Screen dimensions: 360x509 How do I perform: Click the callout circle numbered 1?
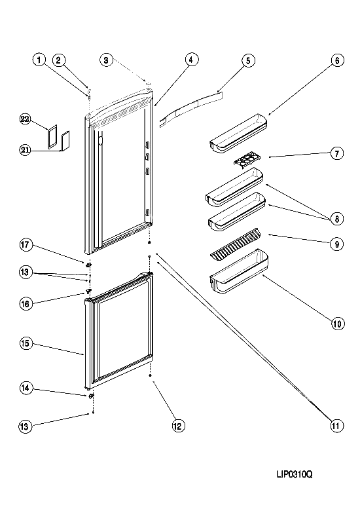[x=39, y=60]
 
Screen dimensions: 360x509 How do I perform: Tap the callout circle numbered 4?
[x=192, y=60]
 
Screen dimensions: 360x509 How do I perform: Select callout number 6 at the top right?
[x=337, y=60]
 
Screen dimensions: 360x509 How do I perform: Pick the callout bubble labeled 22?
[x=25, y=119]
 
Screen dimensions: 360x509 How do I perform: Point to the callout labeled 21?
[x=25, y=150]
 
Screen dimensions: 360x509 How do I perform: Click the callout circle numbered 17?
[x=26, y=245]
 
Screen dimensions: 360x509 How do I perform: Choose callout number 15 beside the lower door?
[x=26, y=343]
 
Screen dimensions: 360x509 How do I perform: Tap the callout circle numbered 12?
[x=178, y=426]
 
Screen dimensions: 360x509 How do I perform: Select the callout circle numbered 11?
[x=336, y=425]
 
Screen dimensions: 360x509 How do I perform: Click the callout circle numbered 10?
[x=337, y=324]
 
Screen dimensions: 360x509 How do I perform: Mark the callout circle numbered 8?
[x=337, y=219]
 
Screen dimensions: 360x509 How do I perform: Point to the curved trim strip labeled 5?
[x=191, y=109]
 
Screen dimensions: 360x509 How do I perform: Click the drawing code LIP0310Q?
[x=295, y=475]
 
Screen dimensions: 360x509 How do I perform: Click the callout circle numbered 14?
[x=26, y=388]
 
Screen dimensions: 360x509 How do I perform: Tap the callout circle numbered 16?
[x=26, y=304]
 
